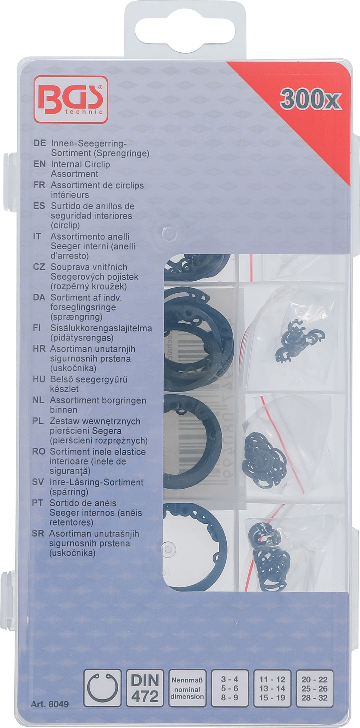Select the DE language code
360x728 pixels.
pos(39,143)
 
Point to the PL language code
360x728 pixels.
pos(39,421)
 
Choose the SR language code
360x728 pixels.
pos(39,534)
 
